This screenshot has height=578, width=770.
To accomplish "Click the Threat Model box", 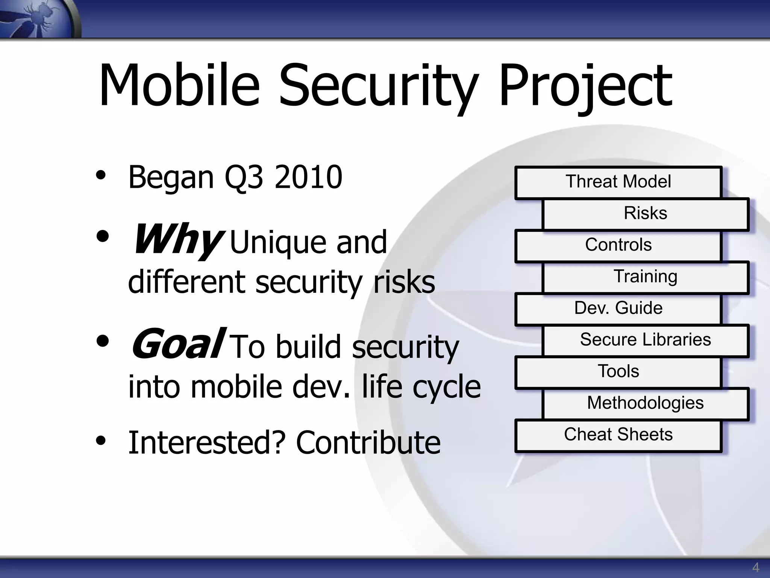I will [x=618, y=182].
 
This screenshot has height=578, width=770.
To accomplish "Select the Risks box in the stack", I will [x=645, y=214].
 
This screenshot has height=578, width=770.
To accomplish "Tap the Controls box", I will [x=618, y=245].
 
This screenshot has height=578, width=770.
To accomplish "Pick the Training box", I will [x=645, y=277].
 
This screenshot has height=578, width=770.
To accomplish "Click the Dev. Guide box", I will [x=618, y=309].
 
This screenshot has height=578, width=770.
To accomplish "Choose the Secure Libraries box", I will [x=645, y=340].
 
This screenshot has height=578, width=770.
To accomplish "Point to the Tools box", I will [x=618, y=372].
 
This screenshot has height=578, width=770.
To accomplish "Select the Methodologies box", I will [x=645, y=403].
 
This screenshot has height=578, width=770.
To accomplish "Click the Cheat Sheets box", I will [x=618, y=435].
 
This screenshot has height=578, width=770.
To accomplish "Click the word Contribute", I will [x=368, y=443].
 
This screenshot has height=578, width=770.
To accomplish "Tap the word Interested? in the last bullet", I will [x=207, y=443].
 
